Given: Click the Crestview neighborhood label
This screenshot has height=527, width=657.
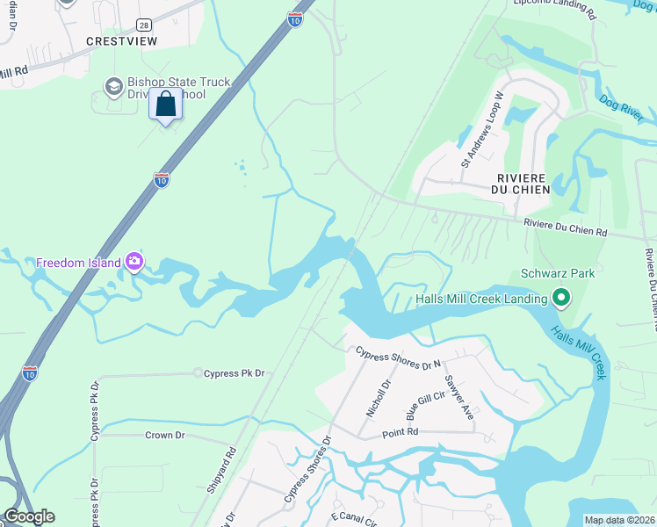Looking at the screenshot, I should point(121,41).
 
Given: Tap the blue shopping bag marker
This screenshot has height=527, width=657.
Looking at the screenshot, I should point(166,105).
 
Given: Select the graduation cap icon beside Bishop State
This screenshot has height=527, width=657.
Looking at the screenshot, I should point(113,86).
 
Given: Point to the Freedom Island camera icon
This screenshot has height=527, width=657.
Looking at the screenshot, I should point(134,261).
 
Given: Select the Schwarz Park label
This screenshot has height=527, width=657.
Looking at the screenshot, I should point(558,273).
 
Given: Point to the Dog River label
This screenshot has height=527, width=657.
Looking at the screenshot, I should point(627,109).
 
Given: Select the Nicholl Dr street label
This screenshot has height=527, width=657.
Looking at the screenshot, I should point(376,399).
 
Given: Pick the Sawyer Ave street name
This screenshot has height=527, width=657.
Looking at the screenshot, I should point(459,397).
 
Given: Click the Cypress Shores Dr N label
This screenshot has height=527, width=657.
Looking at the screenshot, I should point(398,358).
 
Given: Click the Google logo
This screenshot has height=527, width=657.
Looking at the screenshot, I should point(29,516).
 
